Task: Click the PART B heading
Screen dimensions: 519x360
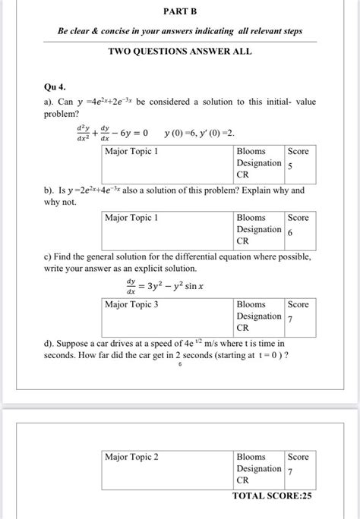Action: pyautogui.click(x=180, y=12)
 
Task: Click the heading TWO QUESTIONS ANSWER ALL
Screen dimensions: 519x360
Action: pyautogui.click(x=180, y=51)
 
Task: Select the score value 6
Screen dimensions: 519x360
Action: pyautogui.click(x=290, y=231)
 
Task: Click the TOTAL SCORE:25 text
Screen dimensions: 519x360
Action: pyautogui.click(x=272, y=495)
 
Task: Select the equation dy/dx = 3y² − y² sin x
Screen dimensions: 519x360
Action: pyautogui.click(x=163, y=287)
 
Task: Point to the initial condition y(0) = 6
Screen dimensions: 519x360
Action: pyautogui.click(x=183, y=134)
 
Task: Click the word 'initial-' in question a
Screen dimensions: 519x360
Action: pyautogui.click(x=260, y=102)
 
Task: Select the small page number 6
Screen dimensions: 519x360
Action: pyautogui.click(x=179, y=365)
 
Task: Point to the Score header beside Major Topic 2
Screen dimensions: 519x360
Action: pyautogui.click(x=298, y=457)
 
